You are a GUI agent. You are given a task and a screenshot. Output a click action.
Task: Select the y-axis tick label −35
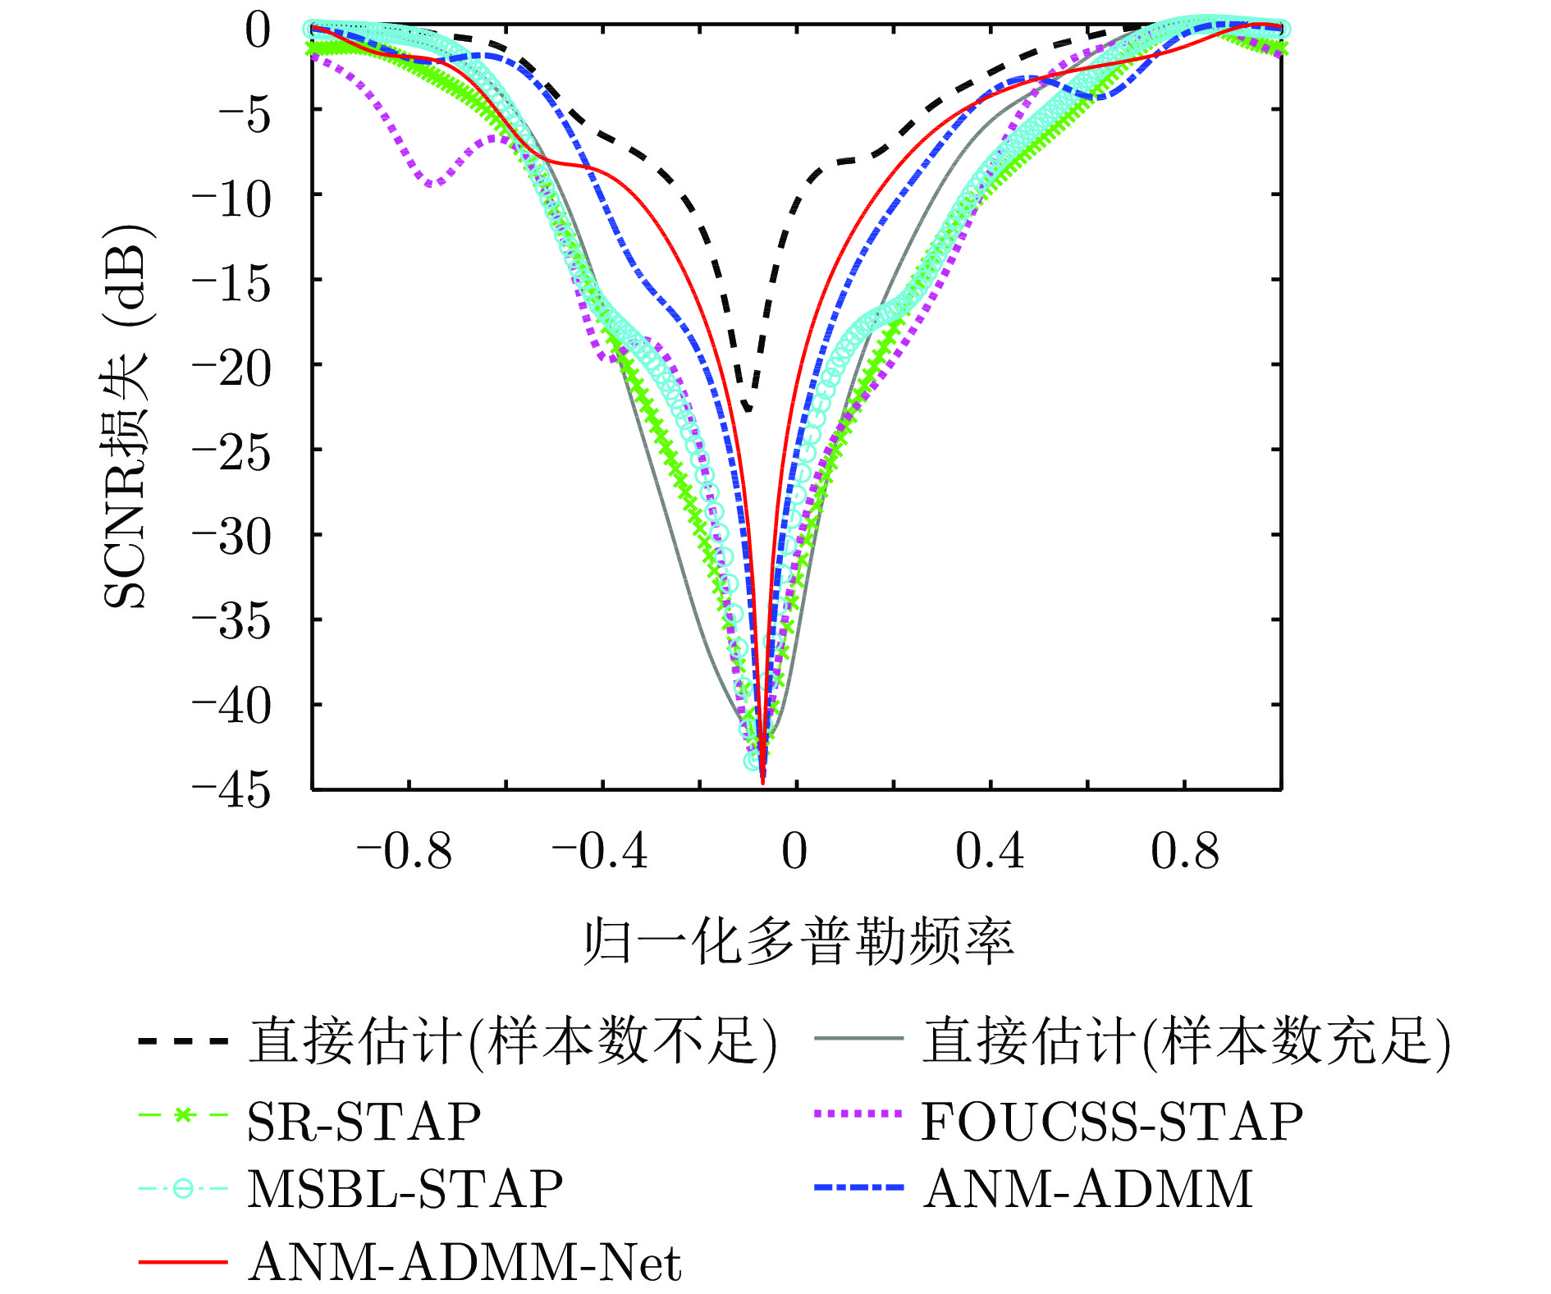tap(231, 622)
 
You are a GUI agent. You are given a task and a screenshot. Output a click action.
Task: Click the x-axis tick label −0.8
tap(405, 851)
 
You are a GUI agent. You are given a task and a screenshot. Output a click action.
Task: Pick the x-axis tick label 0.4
tap(990, 851)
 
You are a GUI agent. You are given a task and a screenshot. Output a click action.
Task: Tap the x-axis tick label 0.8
tap(1184, 851)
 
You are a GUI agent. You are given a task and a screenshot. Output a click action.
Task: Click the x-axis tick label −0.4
tap(600, 851)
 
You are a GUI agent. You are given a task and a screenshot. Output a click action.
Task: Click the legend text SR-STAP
tap(364, 1122)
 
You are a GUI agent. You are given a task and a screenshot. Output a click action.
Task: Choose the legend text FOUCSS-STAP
tap(1112, 1122)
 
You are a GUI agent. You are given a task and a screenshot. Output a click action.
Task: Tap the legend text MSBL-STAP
tap(405, 1189)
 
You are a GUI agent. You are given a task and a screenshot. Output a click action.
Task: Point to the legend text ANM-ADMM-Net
tap(465, 1262)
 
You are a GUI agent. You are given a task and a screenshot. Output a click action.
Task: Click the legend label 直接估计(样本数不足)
tap(513, 1042)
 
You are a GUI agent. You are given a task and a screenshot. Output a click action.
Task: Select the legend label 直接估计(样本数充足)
tap(1187, 1042)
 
